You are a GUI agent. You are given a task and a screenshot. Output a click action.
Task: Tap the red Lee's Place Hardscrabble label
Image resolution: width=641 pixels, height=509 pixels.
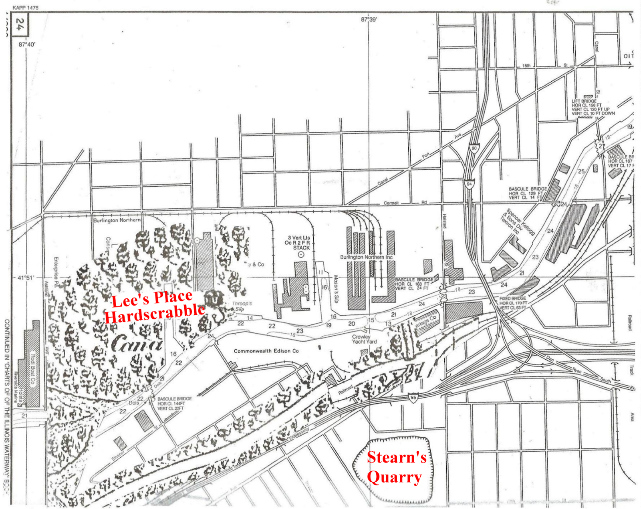[x=154, y=306]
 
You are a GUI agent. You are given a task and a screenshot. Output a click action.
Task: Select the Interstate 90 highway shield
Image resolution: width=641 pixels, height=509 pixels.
[x=474, y=149]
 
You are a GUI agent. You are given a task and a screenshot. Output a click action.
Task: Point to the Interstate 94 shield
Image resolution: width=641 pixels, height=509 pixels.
[x=469, y=184]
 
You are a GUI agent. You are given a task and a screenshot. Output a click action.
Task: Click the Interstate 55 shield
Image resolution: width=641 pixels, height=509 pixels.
[x=413, y=398]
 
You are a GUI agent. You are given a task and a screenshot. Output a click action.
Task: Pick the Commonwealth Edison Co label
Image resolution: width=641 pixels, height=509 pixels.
[x=266, y=351]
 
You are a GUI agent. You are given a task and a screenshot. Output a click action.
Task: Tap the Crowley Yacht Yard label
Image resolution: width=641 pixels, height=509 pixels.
[x=364, y=339]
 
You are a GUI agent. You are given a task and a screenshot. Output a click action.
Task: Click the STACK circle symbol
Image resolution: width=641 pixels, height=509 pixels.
[x=301, y=254]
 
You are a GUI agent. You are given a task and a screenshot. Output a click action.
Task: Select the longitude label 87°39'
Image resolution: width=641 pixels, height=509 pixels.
[x=369, y=19]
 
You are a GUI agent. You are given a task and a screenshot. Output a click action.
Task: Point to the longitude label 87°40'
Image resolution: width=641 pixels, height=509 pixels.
[x=26, y=44]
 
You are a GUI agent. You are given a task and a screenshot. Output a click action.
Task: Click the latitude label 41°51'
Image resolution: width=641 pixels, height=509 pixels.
[x=26, y=277]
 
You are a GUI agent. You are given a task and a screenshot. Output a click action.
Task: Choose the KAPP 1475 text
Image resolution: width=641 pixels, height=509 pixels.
[x=25, y=8]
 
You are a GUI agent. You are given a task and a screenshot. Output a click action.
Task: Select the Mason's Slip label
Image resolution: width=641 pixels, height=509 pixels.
[x=336, y=289]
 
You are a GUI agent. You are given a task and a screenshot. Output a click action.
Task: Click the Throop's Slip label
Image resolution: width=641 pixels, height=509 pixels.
[x=241, y=306]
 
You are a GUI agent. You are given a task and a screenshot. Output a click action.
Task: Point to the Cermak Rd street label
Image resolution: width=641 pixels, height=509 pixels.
[x=405, y=203]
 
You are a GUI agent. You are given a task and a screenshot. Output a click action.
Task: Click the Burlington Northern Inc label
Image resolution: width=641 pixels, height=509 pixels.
[x=366, y=257]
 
